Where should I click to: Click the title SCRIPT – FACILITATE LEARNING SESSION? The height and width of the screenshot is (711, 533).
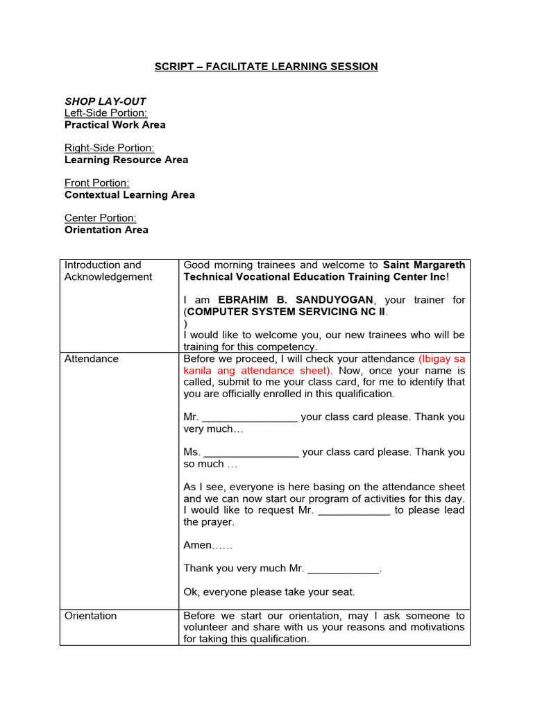tap(266, 67)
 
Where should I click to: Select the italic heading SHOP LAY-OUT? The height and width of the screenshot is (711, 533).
tap(105, 101)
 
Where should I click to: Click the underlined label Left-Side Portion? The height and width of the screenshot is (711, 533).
tap(105, 113)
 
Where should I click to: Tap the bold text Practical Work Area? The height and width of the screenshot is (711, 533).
tap(115, 125)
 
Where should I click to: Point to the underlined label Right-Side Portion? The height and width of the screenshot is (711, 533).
tap(109, 148)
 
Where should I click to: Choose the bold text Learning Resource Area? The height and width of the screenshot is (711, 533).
tap(126, 160)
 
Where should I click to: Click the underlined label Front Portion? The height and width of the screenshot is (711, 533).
tap(96, 183)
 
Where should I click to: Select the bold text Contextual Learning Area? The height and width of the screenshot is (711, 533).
tap(129, 194)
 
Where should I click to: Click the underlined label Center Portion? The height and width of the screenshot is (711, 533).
tap(100, 218)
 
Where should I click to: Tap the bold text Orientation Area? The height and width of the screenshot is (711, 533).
tap(106, 230)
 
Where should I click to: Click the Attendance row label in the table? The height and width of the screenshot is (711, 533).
tap(91, 359)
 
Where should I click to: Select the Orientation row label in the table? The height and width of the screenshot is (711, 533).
tap(90, 616)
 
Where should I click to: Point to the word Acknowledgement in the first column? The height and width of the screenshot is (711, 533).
tap(108, 277)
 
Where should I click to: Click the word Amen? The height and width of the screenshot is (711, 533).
tap(197, 545)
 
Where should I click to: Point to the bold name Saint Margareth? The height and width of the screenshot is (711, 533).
tap(423, 265)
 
